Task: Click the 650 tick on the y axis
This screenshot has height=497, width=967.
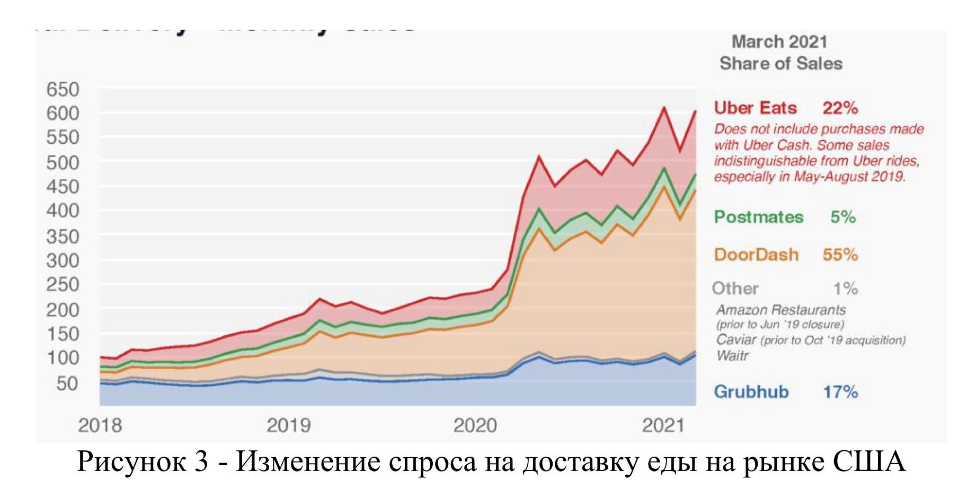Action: point(63,89)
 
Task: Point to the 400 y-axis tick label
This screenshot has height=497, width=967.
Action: point(63,211)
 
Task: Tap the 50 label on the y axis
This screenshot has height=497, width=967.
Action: point(67,383)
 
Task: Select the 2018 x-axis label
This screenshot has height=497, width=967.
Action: point(100,425)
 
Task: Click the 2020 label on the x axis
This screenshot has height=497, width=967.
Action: point(475,425)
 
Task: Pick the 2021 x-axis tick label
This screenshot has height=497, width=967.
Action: point(663,425)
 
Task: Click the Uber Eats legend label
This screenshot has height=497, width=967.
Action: point(755,108)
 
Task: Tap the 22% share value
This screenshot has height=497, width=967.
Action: point(840,108)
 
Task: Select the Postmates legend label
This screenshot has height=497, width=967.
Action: point(759,217)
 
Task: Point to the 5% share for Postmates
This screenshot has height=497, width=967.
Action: point(843,217)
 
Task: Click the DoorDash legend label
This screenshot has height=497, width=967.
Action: point(756,255)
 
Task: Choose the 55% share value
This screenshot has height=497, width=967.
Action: point(840,255)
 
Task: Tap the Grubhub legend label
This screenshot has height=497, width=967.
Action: point(751,392)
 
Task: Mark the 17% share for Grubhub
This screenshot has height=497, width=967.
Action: point(840,392)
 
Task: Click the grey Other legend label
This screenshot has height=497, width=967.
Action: point(735,289)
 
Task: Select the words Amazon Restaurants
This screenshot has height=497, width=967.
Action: point(780,310)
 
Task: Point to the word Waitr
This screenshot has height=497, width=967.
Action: point(732,355)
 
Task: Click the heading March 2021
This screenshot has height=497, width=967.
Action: point(779,41)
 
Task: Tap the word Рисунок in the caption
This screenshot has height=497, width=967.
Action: point(132,461)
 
